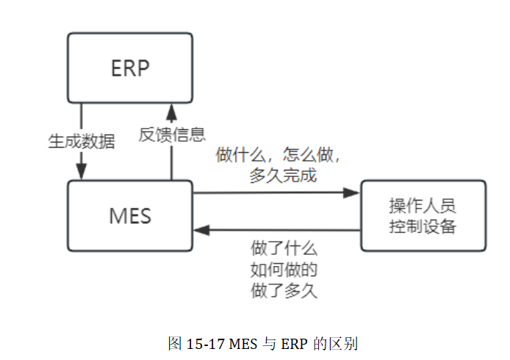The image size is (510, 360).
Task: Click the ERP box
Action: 130,68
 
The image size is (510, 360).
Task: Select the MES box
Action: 130,215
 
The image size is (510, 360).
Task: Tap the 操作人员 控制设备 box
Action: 423,215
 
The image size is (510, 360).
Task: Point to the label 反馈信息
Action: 172,134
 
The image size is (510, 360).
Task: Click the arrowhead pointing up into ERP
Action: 172,111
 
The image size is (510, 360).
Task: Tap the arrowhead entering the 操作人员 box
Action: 352,193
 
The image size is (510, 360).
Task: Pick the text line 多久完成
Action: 283,176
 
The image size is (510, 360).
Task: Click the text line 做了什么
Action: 283,248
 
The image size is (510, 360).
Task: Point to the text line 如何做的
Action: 283,269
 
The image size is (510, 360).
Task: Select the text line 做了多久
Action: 283,289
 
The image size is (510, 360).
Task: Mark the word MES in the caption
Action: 243,343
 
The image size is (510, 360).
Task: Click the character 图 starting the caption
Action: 174,343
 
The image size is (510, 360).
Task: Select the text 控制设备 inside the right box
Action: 423,226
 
